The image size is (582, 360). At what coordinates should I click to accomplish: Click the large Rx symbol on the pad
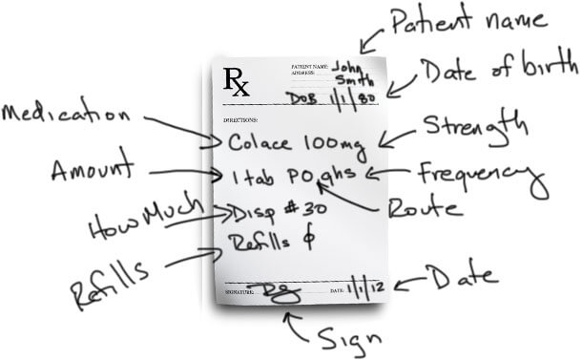point(238,82)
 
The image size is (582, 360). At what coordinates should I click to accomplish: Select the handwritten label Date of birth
point(498,68)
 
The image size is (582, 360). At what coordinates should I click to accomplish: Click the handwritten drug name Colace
point(259,143)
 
